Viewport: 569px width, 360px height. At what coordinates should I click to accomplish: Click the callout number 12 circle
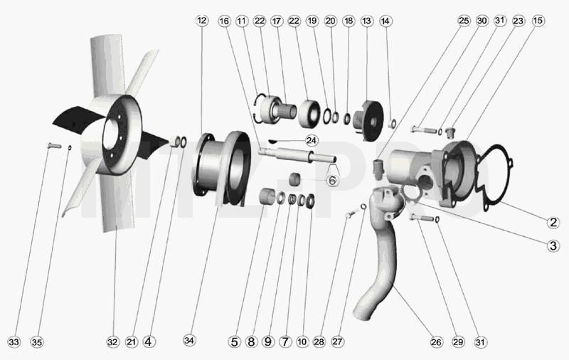(202, 21)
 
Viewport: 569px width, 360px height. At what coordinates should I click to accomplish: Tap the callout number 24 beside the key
(312, 140)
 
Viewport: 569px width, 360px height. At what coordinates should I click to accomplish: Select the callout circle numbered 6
(332, 180)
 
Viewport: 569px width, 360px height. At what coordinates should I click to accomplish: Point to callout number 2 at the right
(553, 222)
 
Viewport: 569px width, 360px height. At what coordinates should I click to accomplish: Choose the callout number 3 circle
(553, 245)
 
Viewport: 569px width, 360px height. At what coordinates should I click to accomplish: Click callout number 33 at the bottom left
(14, 342)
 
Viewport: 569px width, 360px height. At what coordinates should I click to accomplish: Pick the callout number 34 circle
(189, 340)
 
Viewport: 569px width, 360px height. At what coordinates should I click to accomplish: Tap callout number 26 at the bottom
(436, 342)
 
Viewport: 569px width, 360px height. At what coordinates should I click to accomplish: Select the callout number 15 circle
(538, 21)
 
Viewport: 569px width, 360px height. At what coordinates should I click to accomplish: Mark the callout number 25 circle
(464, 21)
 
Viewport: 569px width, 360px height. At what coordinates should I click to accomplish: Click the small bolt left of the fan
(54, 146)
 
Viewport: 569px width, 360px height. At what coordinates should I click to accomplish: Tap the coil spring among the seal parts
(292, 200)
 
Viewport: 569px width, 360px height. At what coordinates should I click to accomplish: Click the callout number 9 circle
(268, 342)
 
